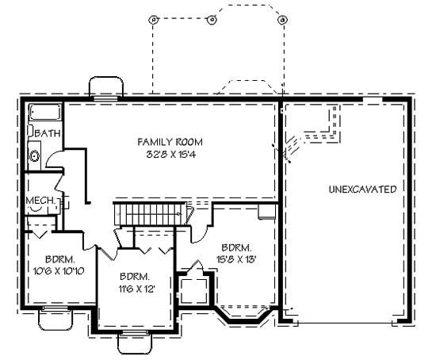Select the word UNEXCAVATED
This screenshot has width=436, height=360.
(x=361, y=190)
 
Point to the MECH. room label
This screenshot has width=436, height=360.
(x=39, y=201)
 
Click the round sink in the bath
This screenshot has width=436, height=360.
(x=35, y=156)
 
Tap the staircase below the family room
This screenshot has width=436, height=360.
(x=150, y=214)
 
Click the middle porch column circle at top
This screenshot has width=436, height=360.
(x=212, y=20)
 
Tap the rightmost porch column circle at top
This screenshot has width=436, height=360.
(x=282, y=20)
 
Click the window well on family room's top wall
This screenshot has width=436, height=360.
(x=105, y=87)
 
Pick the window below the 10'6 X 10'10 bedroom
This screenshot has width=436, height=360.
(x=55, y=319)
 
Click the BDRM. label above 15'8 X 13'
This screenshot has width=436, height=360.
(x=237, y=247)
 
